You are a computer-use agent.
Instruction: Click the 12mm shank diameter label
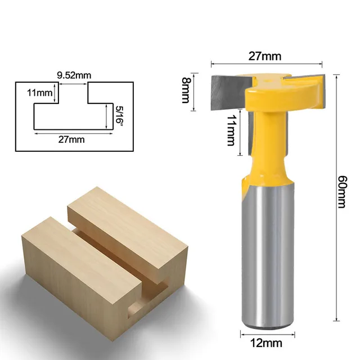coord(264,341)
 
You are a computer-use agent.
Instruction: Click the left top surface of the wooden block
coord(53,236)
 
